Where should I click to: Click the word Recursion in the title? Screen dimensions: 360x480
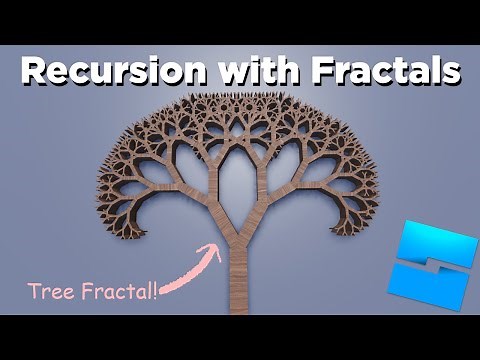click(112, 72)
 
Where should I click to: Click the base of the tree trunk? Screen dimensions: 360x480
click(240, 305)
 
